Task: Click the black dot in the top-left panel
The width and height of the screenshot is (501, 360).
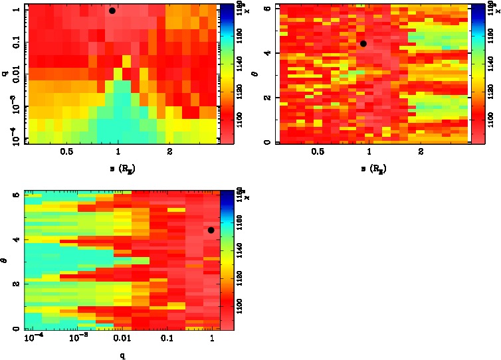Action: pos(112,11)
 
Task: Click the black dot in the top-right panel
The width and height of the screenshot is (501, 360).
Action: pos(363,43)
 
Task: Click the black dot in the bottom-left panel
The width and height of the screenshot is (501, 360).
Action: pos(211,230)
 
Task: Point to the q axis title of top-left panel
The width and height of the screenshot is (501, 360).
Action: pos(5,74)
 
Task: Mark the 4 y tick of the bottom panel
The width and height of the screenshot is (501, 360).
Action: pos(17,239)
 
